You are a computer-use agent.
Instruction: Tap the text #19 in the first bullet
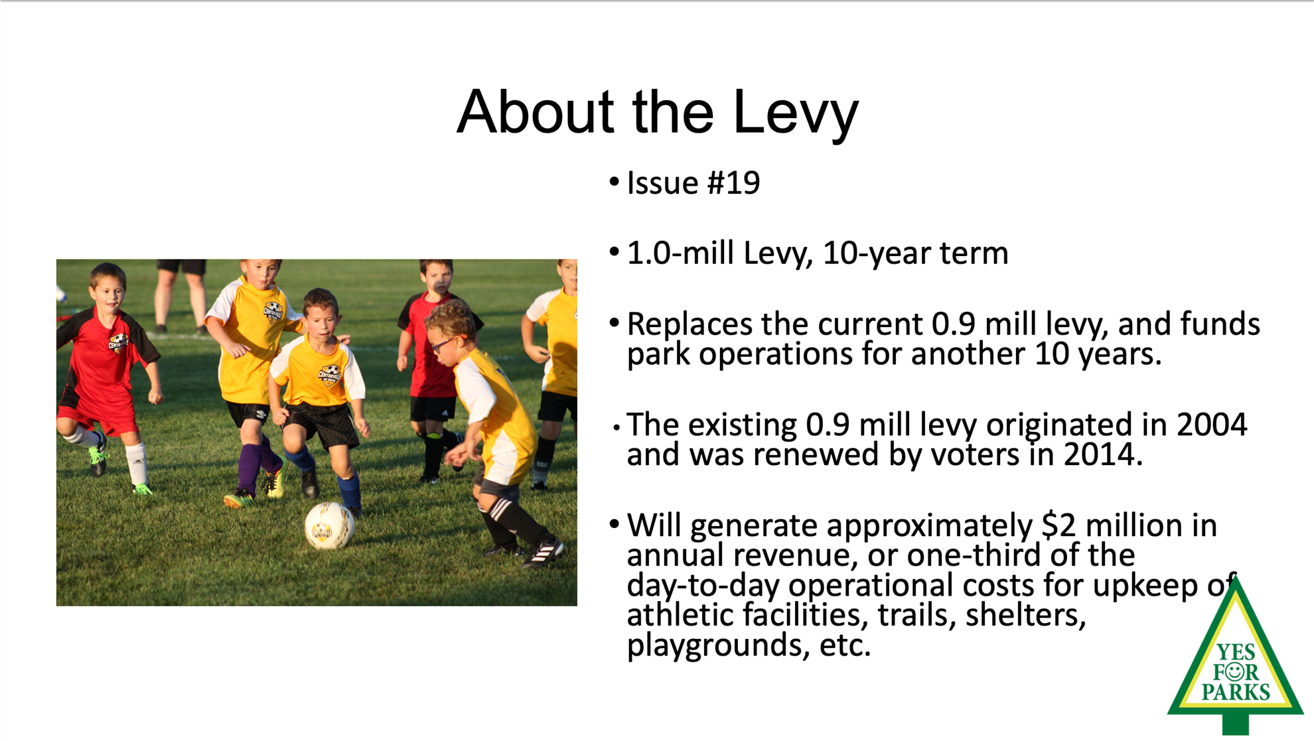tap(733, 183)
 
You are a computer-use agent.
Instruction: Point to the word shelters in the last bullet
tap(1025, 615)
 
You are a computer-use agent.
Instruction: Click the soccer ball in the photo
tap(330, 525)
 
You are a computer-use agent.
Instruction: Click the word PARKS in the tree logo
tap(1236, 693)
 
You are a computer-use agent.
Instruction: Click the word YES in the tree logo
tap(1236, 652)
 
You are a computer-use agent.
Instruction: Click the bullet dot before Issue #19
tap(614, 181)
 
